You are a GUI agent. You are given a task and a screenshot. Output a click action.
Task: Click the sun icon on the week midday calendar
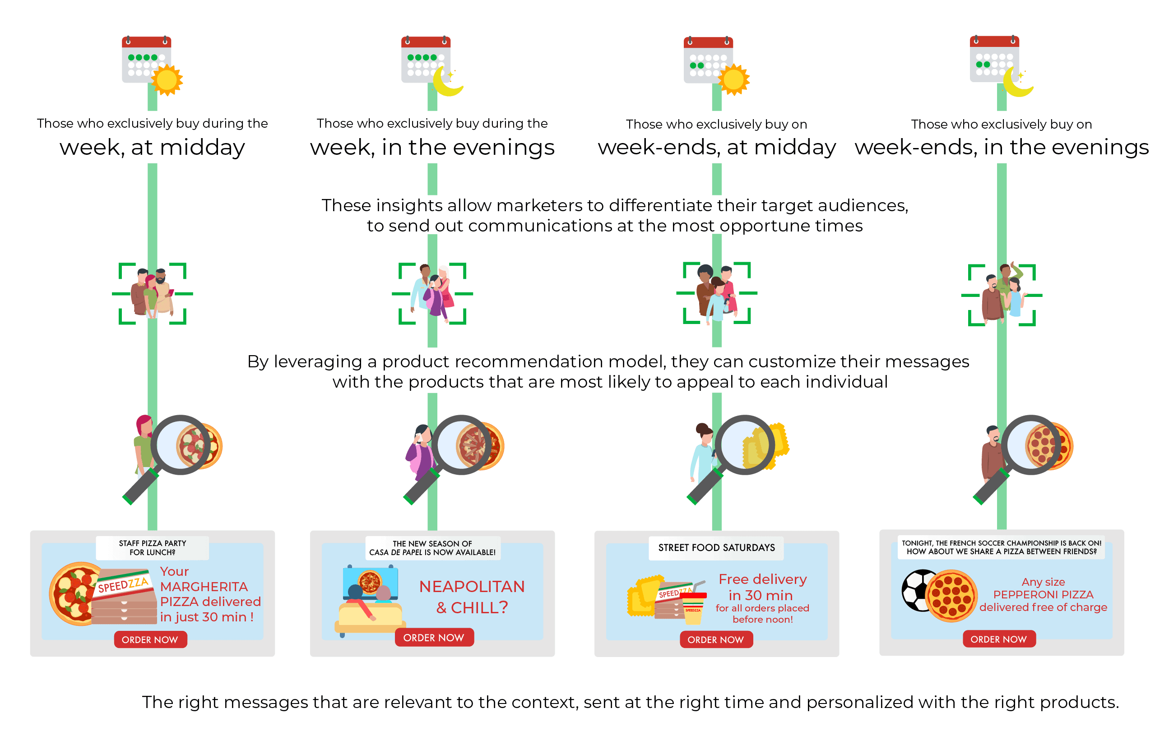(x=167, y=79)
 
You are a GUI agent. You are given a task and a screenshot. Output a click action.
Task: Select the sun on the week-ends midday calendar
(x=733, y=79)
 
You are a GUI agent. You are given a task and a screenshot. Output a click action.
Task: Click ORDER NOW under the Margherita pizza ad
(x=150, y=639)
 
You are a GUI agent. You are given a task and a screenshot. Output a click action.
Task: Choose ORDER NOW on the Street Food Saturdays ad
(x=716, y=639)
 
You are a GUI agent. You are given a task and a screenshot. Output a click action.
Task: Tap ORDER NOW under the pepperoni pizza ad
(x=999, y=639)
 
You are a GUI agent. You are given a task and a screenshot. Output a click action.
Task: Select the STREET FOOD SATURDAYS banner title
(x=717, y=548)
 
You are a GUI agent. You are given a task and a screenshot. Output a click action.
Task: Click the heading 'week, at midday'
(x=153, y=147)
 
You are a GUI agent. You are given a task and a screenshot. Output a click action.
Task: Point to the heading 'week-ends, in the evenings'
(x=1002, y=147)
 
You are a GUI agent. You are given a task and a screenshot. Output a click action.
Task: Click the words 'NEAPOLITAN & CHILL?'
(x=472, y=597)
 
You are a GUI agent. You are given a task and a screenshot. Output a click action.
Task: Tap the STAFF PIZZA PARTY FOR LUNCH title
(x=153, y=548)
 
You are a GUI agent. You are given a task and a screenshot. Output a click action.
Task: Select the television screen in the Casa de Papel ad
(x=371, y=582)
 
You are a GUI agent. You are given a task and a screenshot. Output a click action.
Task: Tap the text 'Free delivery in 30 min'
(x=762, y=587)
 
